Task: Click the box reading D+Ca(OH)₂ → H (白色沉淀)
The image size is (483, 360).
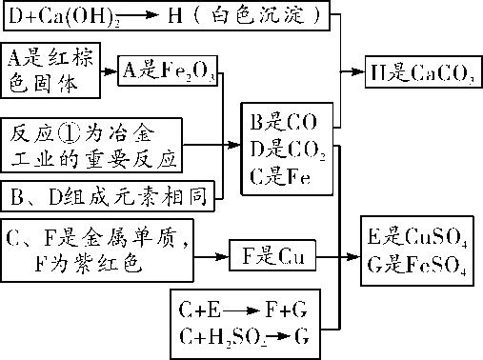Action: [165, 16]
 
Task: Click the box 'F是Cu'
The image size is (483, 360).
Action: [272, 257]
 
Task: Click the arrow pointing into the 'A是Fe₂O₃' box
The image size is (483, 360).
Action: [110, 69]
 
